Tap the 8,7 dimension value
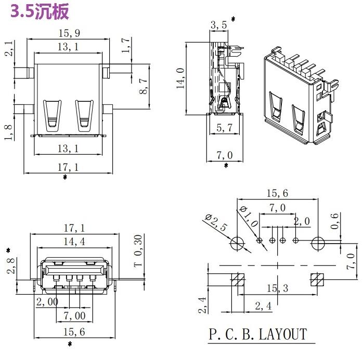coord(144,84)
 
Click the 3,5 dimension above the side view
coord(219,24)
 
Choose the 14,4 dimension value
coord(75,242)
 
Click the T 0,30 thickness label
coord(138,250)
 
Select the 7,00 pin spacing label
coord(74,316)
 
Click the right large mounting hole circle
coord(318,241)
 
